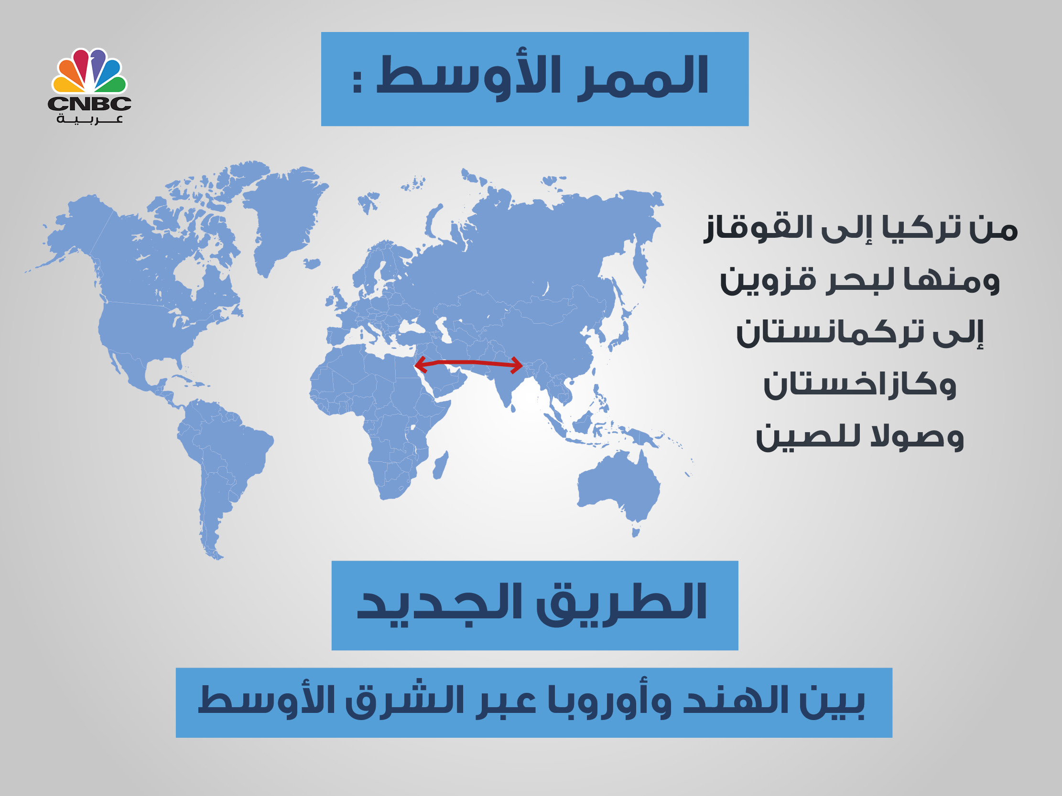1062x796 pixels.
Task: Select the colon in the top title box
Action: coord(357,81)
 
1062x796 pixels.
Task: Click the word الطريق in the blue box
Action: coord(621,603)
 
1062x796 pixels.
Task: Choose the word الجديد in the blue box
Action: coord(440,603)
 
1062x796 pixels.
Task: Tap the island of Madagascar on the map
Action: coord(441,465)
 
